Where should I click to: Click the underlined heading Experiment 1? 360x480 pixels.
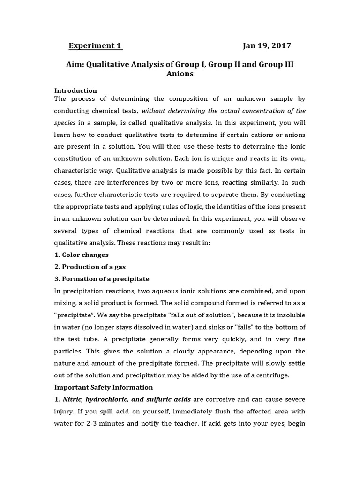pos(95,46)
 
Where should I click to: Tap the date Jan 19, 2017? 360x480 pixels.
pos(267,46)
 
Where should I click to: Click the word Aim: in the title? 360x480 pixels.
pos(77,64)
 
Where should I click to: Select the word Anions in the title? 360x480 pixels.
pos(180,74)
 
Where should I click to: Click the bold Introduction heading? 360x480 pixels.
pos(75,90)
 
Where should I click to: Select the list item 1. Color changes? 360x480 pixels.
pos(82,255)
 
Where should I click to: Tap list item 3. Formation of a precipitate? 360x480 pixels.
pos(102,279)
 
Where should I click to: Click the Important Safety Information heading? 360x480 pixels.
pos(104,387)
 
